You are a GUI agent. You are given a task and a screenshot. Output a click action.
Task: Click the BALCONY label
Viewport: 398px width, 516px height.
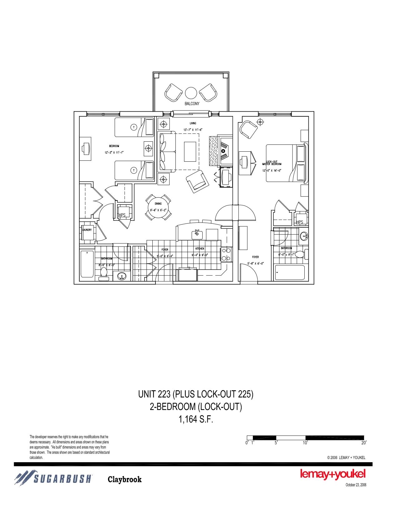click(192, 104)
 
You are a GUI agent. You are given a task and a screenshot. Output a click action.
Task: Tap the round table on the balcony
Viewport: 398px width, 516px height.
click(191, 93)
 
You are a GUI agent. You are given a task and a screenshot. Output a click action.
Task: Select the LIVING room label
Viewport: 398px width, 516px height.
click(193, 124)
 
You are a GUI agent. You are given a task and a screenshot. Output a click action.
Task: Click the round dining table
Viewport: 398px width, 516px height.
click(158, 207)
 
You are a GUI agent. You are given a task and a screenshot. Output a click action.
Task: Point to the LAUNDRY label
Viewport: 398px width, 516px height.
click(87, 230)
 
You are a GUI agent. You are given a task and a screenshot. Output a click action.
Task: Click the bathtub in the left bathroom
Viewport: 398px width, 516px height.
click(87, 264)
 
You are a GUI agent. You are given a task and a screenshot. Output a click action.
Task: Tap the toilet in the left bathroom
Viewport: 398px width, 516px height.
click(103, 274)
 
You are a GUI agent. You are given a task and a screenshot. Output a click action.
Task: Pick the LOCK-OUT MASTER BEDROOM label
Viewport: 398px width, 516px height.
click(272, 163)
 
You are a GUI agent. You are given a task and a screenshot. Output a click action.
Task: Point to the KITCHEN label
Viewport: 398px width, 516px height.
click(200, 249)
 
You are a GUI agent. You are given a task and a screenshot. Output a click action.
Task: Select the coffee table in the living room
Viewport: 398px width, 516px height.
click(190, 151)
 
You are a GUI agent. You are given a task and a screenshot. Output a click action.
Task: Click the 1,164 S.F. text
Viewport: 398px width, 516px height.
click(196, 419)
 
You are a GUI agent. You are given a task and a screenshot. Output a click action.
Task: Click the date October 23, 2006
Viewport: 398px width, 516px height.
click(356, 485)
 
